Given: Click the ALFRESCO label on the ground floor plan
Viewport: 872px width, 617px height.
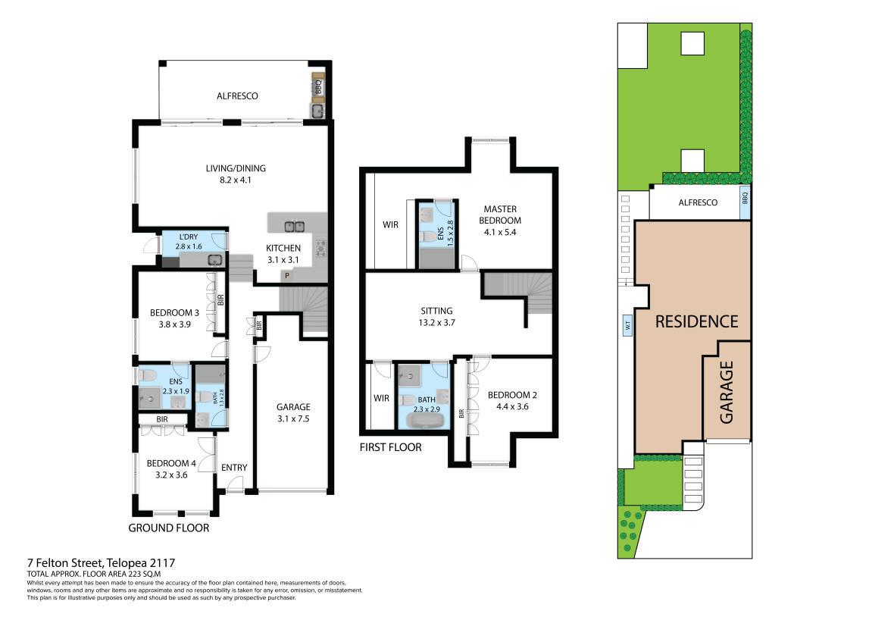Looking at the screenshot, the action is coord(237,96).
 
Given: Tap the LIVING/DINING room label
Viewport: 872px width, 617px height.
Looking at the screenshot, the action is coord(236,174).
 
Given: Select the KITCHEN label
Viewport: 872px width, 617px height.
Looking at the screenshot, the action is coord(283,254).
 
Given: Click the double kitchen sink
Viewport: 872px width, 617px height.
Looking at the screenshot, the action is coord(294,227).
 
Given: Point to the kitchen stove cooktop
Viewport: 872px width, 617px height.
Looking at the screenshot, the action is coord(321,248).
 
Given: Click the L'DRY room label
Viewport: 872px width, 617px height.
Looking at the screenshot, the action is coord(189,242).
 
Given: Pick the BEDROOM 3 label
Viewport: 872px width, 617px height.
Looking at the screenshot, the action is coord(174,318).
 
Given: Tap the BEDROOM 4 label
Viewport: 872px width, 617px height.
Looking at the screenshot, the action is coord(171,469).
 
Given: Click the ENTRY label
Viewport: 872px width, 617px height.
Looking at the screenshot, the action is coord(234,468).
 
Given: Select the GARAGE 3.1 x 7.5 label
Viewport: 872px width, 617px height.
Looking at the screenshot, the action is coord(294,413).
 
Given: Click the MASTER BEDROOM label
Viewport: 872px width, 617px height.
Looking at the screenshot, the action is coord(500,221).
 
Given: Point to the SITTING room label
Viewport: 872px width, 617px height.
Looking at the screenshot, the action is coord(436,317).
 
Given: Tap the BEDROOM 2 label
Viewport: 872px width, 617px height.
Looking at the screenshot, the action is coord(512,400).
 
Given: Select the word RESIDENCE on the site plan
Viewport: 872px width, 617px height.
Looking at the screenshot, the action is coord(697,321).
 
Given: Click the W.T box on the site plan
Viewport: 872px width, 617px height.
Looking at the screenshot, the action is coord(627,325).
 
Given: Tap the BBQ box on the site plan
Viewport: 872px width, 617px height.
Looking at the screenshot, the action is coord(745,198).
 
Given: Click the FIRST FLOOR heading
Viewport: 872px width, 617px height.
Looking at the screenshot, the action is coord(390,447).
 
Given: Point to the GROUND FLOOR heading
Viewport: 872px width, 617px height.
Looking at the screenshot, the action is coord(168,528).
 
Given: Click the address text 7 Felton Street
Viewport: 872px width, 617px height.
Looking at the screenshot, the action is coord(65,563).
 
